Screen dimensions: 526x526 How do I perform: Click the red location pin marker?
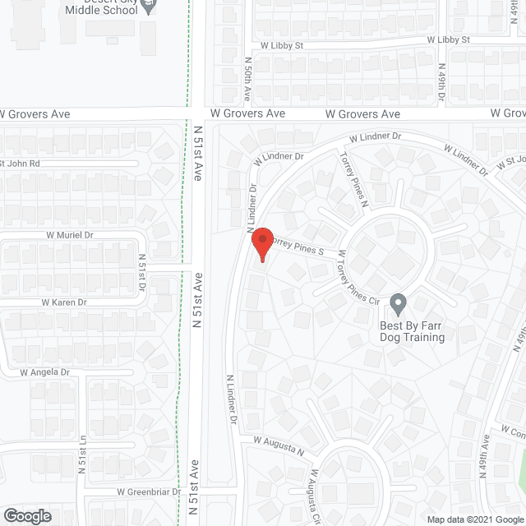pyautogui.click(x=261, y=244)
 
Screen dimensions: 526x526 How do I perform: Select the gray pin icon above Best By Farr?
pyautogui.click(x=398, y=304)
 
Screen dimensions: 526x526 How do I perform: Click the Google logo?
pyautogui.click(x=26, y=515)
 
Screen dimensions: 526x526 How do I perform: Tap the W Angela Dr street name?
pyautogui.click(x=46, y=372)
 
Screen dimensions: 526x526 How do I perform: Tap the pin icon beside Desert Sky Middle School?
pyautogui.click(x=148, y=7)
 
